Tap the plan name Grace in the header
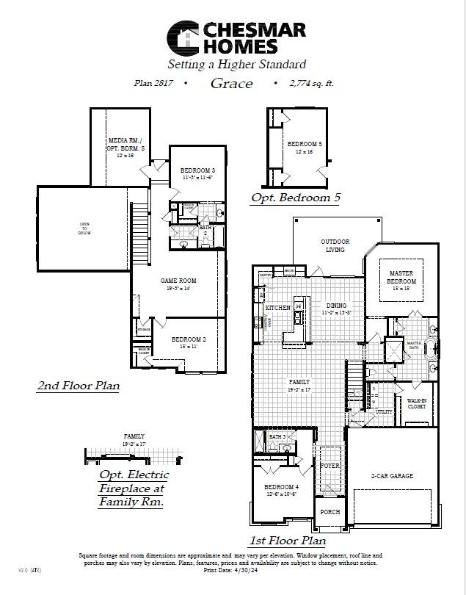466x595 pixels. pyautogui.click(x=231, y=83)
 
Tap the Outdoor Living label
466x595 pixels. pyautogui.click(x=335, y=245)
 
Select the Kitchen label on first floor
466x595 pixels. pyautogui.click(x=277, y=307)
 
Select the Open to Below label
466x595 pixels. pyautogui.click(x=84, y=228)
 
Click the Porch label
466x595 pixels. pyautogui.click(x=330, y=511)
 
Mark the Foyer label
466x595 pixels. pyautogui.click(x=330, y=465)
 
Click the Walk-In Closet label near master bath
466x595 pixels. pyautogui.click(x=417, y=403)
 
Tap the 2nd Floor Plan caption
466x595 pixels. pyautogui.click(x=78, y=385)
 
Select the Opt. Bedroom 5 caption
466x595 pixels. pyautogui.click(x=295, y=198)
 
